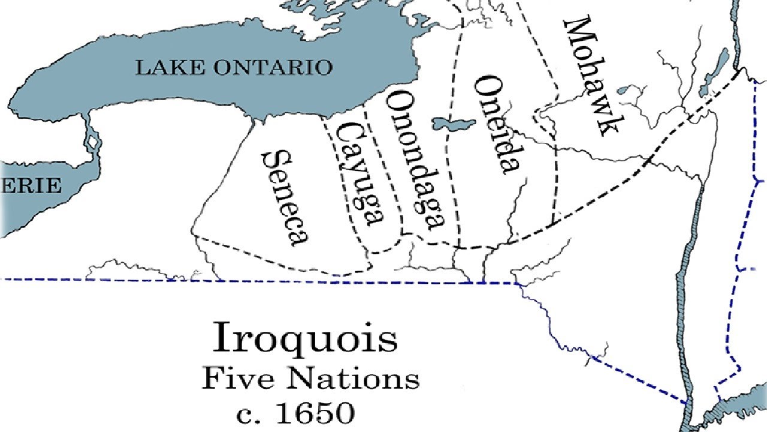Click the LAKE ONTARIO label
[234, 67]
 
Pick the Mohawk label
[590, 77]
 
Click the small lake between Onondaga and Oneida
[453, 124]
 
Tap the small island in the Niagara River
[92, 143]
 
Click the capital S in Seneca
[271, 159]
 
